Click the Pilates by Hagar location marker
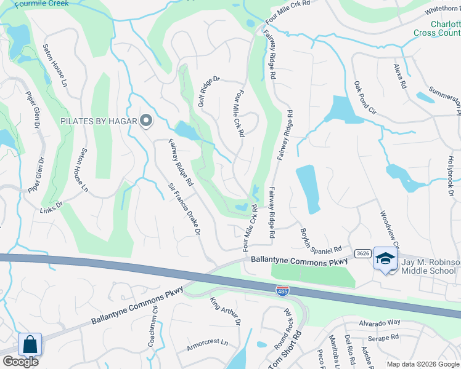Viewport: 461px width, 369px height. point(145,121)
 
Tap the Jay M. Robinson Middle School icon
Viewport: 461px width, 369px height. point(385,260)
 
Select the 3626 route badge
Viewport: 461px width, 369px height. point(362,253)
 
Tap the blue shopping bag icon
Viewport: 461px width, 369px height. point(30,345)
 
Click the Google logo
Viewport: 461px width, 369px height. point(20,362)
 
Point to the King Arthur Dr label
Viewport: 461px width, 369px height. point(225,311)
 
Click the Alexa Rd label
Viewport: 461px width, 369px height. point(400,76)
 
